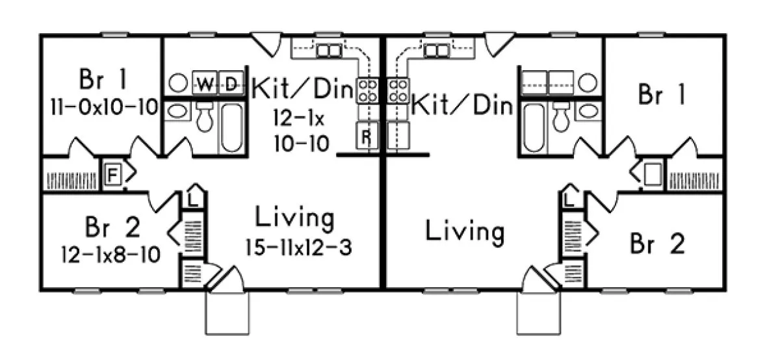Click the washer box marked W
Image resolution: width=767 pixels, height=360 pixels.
click(204, 83)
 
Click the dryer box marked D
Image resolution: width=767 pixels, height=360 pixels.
click(229, 83)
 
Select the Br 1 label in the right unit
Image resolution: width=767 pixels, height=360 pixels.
click(662, 96)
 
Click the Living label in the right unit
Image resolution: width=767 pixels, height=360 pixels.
click(465, 231)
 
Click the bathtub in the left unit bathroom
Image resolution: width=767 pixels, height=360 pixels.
click(231, 127)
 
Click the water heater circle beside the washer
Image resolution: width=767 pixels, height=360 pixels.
click(177, 83)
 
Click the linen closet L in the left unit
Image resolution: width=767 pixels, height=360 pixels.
click(193, 199)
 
